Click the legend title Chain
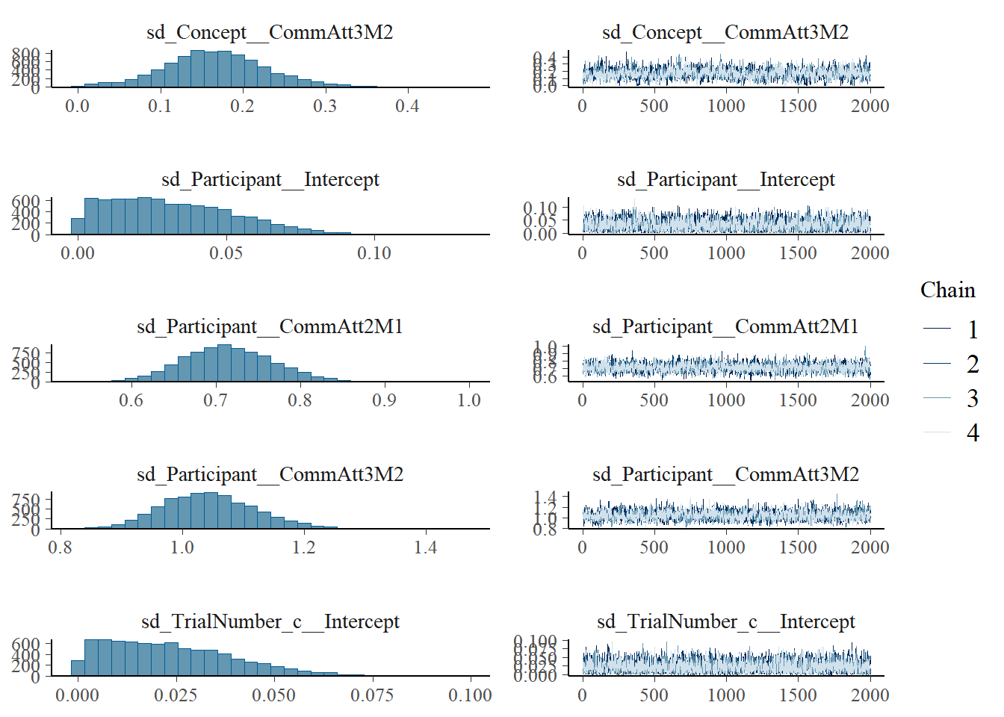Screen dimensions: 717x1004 pos(947,291)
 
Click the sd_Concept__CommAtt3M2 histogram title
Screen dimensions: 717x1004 pos(270,32)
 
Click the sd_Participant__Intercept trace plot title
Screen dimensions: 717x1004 pos(725,179)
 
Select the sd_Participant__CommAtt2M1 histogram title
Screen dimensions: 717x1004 pos(270,326)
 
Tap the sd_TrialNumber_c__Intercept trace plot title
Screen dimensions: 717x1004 pos(725,621)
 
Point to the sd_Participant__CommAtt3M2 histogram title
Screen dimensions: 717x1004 pos(270,474)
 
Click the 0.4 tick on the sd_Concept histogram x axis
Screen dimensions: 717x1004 pos(407,106)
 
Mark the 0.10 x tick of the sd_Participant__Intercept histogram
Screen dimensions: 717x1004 pos(374,253)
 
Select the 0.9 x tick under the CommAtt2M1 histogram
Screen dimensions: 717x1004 pos(384,400)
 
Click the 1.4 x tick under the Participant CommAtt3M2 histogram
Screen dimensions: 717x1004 pos(425,547)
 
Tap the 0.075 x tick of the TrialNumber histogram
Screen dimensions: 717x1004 pos(372,695)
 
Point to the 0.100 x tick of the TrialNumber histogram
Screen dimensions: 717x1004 pos(470,695)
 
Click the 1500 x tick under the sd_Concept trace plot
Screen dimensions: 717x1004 pos(798,106)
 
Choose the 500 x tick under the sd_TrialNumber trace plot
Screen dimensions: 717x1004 pos(654,695)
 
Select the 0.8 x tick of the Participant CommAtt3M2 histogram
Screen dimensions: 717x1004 pos(60,547)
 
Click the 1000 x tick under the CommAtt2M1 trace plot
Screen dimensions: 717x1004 pos(726,400)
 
